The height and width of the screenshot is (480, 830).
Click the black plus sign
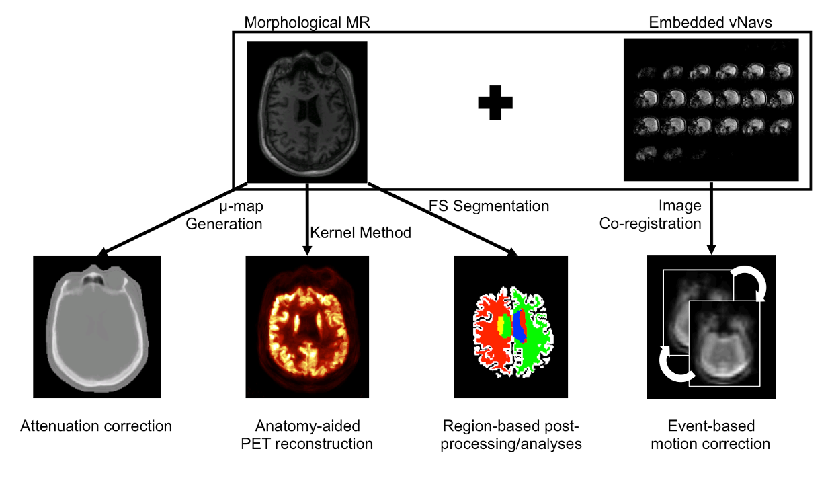495,103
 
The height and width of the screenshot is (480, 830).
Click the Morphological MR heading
307,22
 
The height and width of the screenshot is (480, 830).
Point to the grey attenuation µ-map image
97,326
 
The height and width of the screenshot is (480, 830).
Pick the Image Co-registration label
651,214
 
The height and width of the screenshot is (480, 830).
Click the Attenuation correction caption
96,426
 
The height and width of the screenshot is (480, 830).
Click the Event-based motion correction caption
711,434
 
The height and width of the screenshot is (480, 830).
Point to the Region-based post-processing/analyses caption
511,434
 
